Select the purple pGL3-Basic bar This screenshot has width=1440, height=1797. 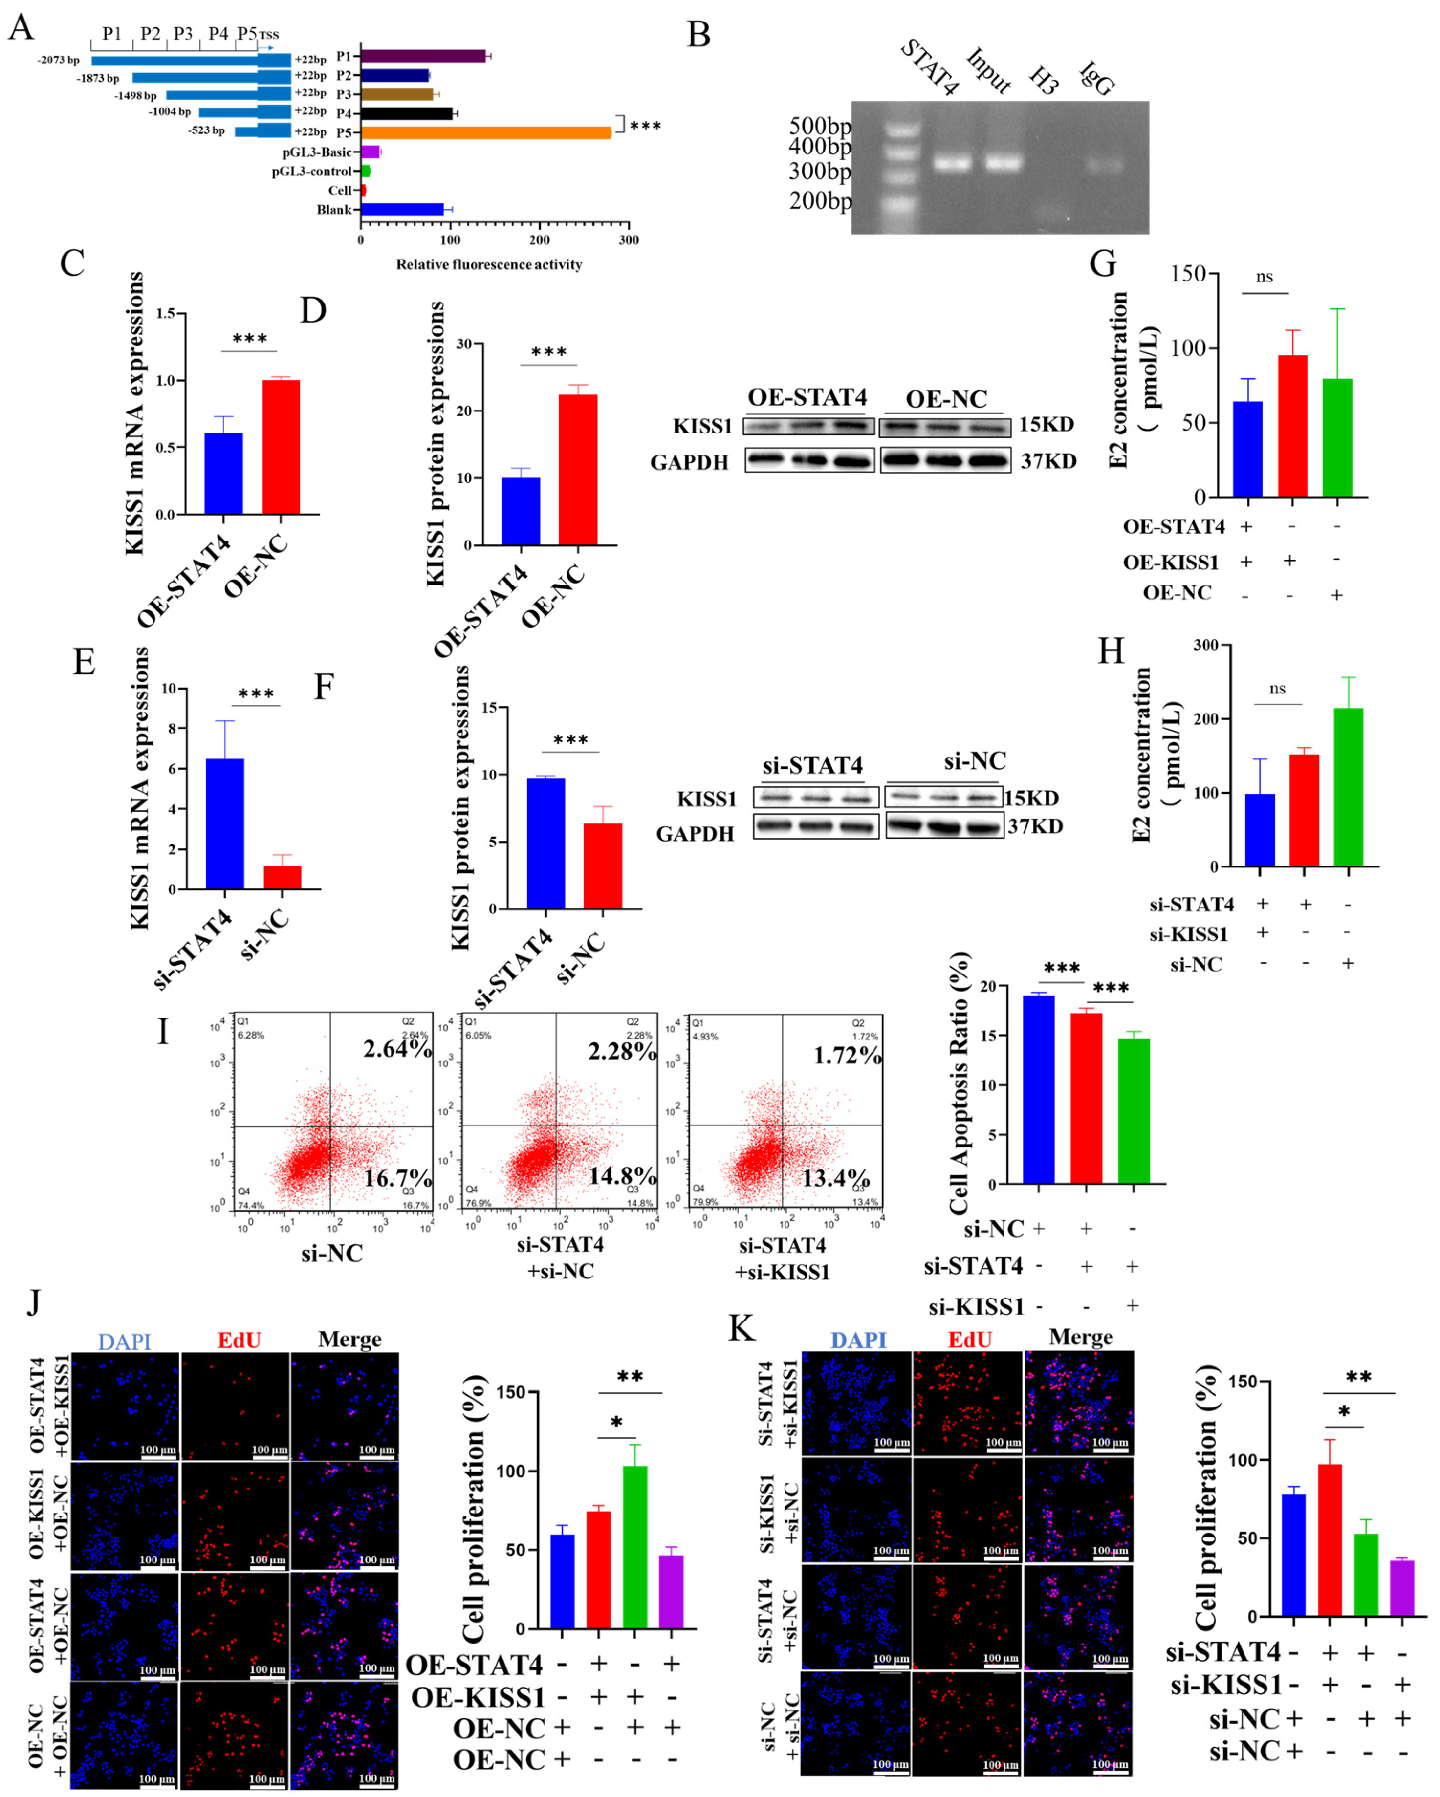(x=370, y=152)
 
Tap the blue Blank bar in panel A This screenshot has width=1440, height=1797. (x=402, y=209)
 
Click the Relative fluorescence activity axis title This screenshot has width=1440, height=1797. (x=489, y=264)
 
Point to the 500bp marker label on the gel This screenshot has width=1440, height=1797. (x=820, y=126)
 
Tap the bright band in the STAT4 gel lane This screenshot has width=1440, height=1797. (x=952, y=163)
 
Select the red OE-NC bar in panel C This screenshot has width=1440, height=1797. (x=281, y=447)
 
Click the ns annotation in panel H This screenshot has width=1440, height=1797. (x=1277, y=689)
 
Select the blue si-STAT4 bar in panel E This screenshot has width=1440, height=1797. (x=224, y=823)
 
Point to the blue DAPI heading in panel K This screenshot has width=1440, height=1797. (x=858, y=1340)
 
